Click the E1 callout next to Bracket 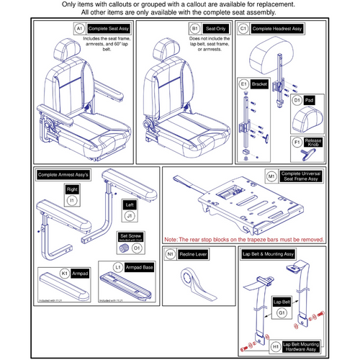(244, 84)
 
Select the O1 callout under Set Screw (137, 248)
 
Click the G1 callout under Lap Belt (281, 313)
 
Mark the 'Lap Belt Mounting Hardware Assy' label (288, 344)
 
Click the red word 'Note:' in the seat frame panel (173, 238)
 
